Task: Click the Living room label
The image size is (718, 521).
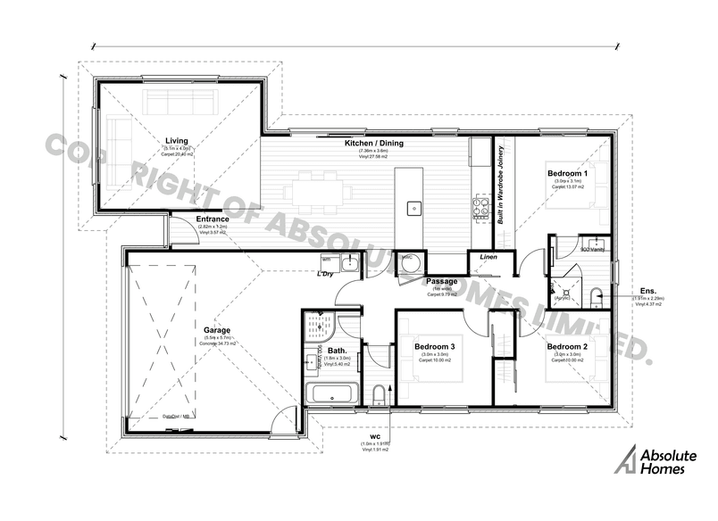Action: pos(176,140)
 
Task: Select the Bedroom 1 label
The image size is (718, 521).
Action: pos(567,173)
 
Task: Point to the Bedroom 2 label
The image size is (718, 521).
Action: pos(567,346)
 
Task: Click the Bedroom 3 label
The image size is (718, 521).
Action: pos(435,346)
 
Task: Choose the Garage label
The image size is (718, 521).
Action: pos(217,328)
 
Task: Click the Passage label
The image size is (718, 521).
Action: pos(441,281)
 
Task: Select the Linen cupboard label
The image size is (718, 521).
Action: pos(488,257)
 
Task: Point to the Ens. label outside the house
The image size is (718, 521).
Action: pos(649,290)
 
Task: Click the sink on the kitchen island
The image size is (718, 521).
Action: pos(414,208)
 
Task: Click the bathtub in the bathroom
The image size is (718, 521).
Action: pos(331,393)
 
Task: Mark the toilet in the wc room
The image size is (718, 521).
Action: pos(379,394)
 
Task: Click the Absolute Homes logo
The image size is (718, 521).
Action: pos(656,459)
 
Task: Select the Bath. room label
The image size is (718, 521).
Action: pos(337,351)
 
